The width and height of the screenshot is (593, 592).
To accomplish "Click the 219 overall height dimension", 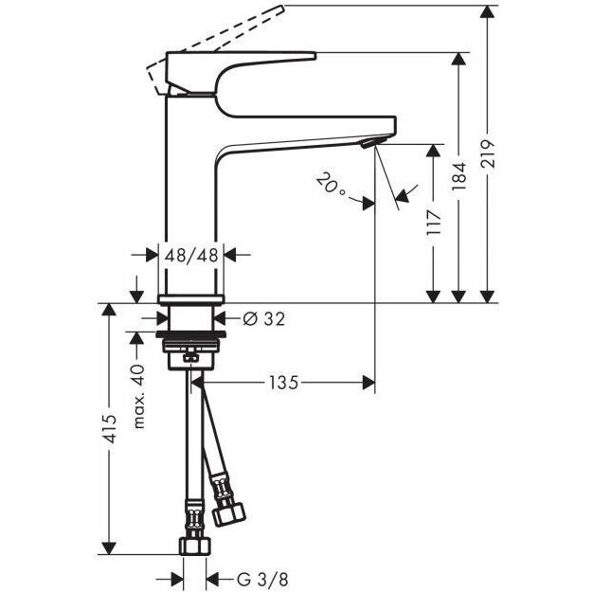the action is click(489, 153).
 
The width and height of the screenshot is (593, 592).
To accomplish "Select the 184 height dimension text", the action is click(459, 177).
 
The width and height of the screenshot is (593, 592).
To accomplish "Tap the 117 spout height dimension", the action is click(434, 223).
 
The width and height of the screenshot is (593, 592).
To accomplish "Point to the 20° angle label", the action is click(331, 184).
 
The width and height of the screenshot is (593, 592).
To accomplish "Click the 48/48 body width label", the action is click(191, 256).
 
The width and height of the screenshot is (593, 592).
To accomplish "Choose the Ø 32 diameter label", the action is click(263, 318).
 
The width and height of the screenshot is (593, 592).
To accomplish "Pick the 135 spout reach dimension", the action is click(283, 383).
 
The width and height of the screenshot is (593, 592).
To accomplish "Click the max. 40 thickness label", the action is click(139, 397).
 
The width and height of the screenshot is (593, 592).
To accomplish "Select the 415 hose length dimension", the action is click(111, 428).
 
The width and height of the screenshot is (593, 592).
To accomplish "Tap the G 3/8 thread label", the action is click(262, 579).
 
